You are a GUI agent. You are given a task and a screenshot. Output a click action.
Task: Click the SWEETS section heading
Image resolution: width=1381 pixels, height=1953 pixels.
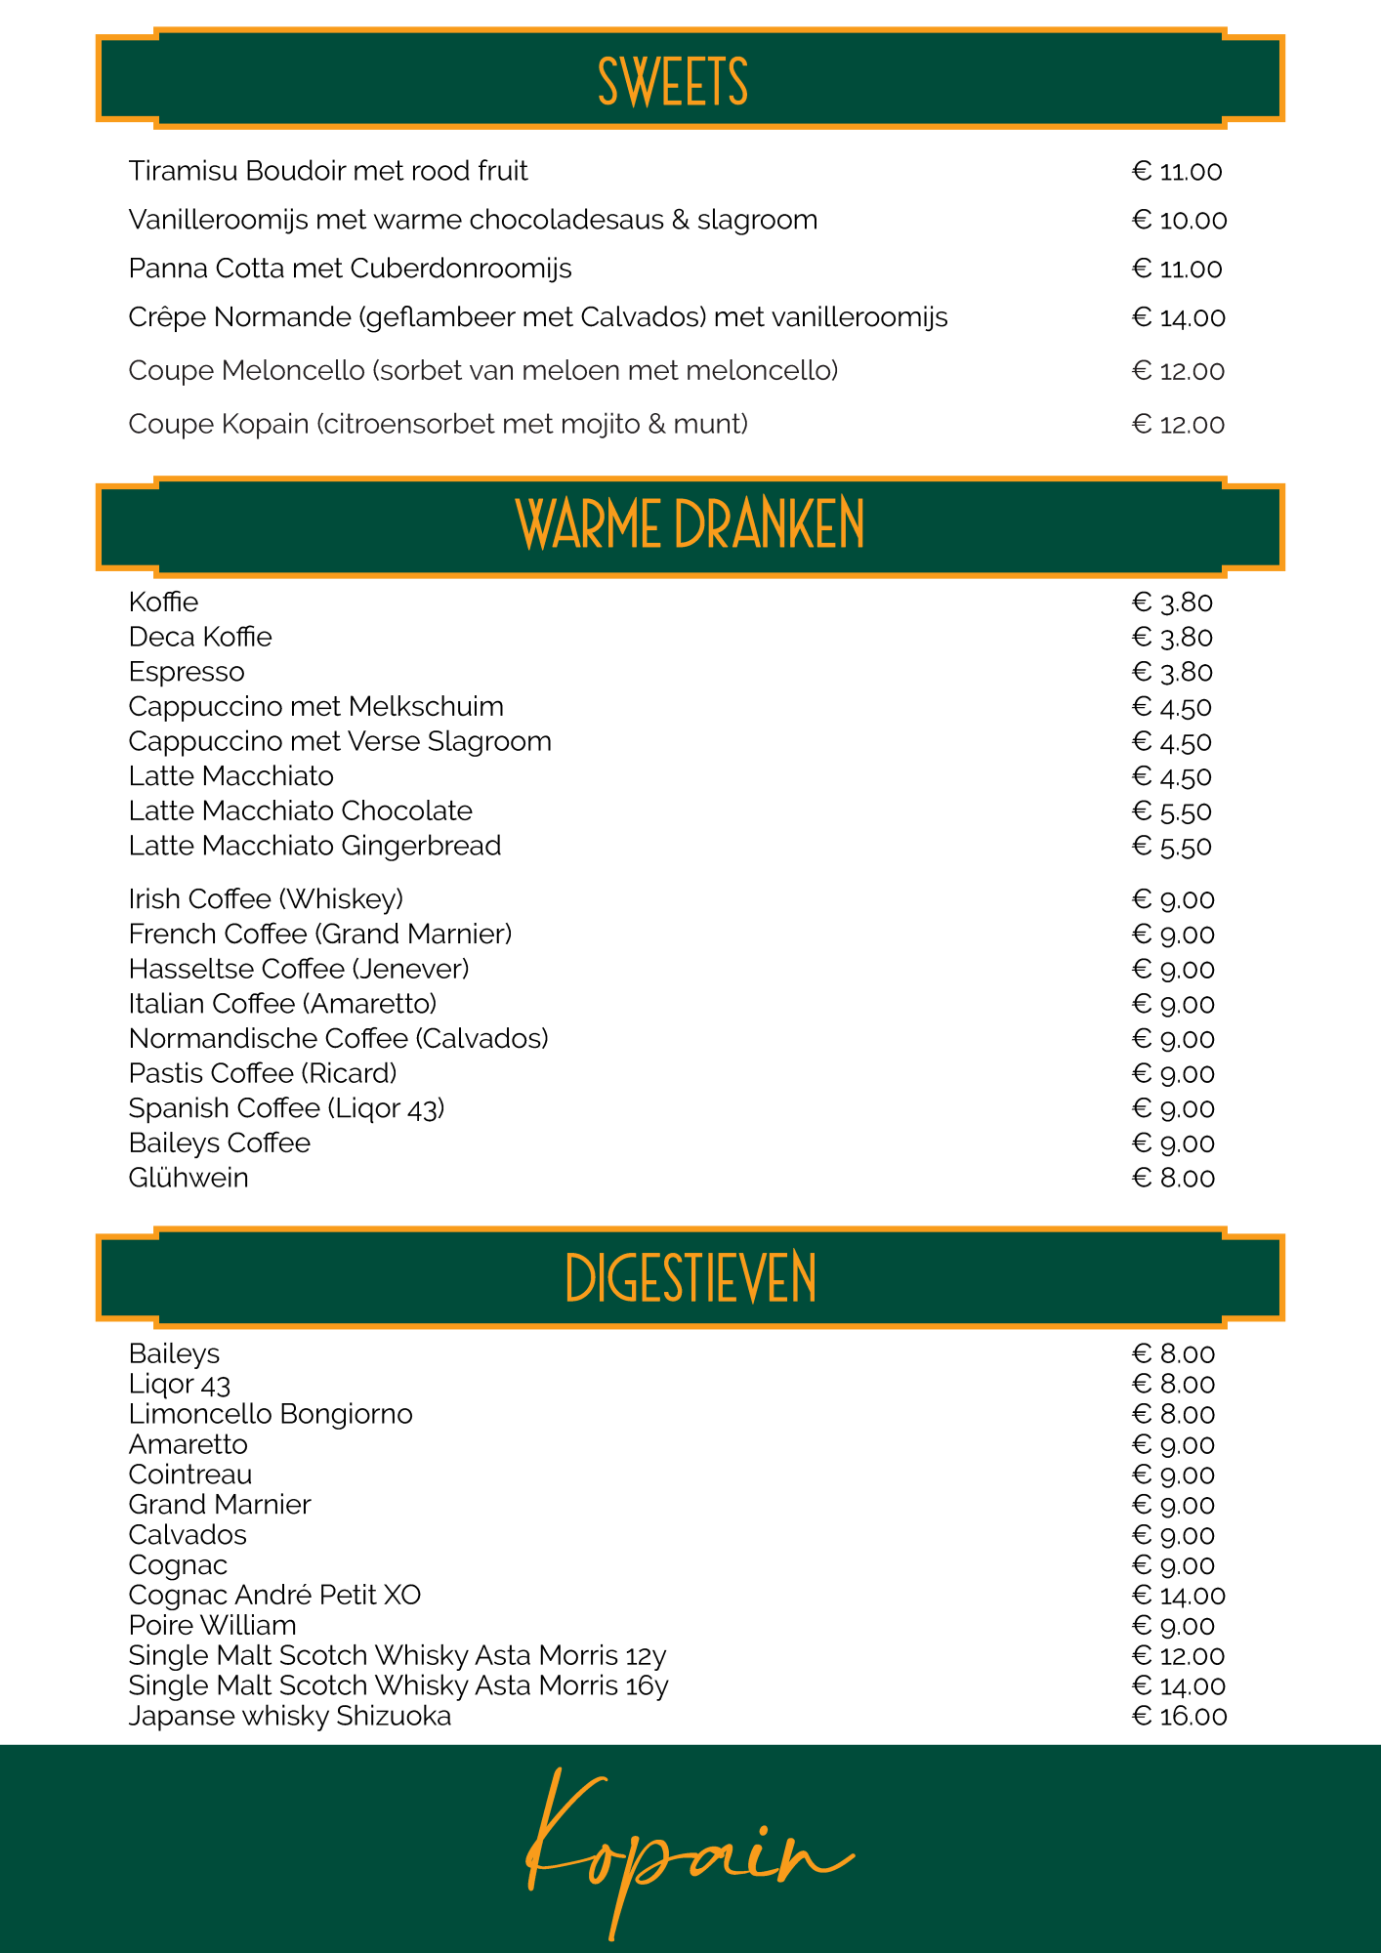point(673,82)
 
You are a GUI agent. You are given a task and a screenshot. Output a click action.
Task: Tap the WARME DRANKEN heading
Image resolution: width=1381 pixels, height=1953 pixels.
point(690,525)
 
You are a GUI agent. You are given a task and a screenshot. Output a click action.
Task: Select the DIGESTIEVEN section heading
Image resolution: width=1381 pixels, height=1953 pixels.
point(690,1278)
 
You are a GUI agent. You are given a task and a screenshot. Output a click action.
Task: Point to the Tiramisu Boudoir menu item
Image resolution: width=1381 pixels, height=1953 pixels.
point(328,172)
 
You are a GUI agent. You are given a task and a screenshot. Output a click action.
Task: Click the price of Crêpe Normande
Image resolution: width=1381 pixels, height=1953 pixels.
point(1178,318)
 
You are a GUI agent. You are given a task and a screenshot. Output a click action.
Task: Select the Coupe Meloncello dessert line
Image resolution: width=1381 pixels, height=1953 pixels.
point(483,371)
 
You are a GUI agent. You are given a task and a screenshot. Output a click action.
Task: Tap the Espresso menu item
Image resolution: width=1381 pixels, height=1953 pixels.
point(187,673)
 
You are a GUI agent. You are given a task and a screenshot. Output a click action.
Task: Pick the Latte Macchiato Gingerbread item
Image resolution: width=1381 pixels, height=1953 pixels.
point(314,846)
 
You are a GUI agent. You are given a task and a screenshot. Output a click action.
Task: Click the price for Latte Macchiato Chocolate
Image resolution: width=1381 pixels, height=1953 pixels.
point(1172,812)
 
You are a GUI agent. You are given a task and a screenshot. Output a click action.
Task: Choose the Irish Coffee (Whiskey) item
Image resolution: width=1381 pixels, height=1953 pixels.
point(266,899)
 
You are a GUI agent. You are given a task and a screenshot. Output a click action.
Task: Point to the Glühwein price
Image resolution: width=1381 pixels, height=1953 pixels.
point(1173,1179)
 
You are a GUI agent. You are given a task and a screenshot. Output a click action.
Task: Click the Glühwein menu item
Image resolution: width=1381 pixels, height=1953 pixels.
point(188,1179)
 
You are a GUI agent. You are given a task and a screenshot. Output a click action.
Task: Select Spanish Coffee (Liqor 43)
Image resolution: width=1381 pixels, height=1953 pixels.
point(286,1109)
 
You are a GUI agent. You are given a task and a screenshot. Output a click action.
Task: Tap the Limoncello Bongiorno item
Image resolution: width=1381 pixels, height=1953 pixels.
point(271,1415)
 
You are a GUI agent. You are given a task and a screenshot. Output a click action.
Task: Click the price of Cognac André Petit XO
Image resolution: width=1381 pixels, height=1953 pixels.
point(1178,1596)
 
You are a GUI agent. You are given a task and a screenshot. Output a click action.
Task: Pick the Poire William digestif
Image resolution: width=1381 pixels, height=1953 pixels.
point(213,1626)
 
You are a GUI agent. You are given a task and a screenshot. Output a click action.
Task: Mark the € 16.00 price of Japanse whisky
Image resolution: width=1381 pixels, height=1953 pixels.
point(1179,1717)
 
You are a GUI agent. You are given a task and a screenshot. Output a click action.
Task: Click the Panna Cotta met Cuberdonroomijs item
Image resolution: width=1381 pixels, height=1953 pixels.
point(350,270)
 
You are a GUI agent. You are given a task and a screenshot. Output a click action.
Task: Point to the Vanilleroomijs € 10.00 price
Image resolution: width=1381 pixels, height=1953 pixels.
point(1179,221)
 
